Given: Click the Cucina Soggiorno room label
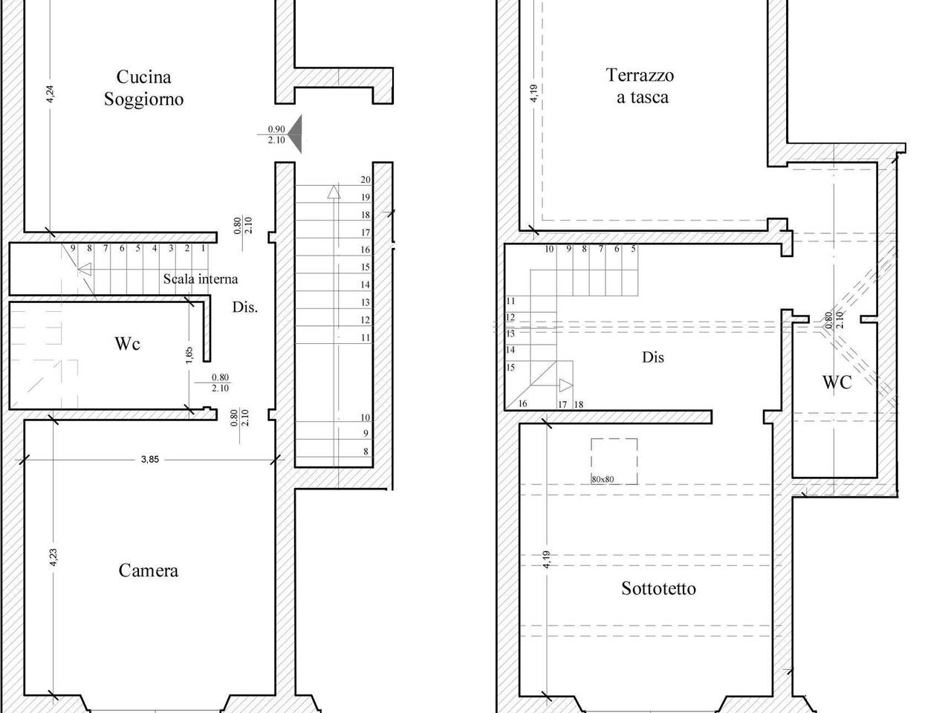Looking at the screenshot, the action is [143, 88].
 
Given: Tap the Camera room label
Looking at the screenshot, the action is [148, 570].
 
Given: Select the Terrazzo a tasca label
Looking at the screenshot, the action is [640, 85].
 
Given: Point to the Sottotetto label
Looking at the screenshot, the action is [658, 588].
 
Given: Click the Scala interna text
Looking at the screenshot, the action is [201, 279].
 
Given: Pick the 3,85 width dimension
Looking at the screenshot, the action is [150, 459].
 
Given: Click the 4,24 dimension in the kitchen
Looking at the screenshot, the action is [51, 94].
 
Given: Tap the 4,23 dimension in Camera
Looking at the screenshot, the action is [53, 557].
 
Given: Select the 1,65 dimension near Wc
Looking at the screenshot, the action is [189, 354].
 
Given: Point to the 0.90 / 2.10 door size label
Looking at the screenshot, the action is [276, 134].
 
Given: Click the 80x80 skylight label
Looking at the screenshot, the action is [603, 479].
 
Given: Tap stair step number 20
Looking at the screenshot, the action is [366, 179].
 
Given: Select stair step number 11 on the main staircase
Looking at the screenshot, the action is [366, 337].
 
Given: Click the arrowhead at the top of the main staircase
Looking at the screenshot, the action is [334, 192].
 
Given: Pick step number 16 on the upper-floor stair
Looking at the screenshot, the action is [522, 403].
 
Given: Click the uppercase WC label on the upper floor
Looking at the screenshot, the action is [837, 382].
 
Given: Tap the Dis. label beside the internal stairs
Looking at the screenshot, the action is [245, 307].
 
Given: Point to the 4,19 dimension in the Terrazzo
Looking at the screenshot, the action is [533, 93].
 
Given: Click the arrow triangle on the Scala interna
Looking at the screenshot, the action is [85, 269].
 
